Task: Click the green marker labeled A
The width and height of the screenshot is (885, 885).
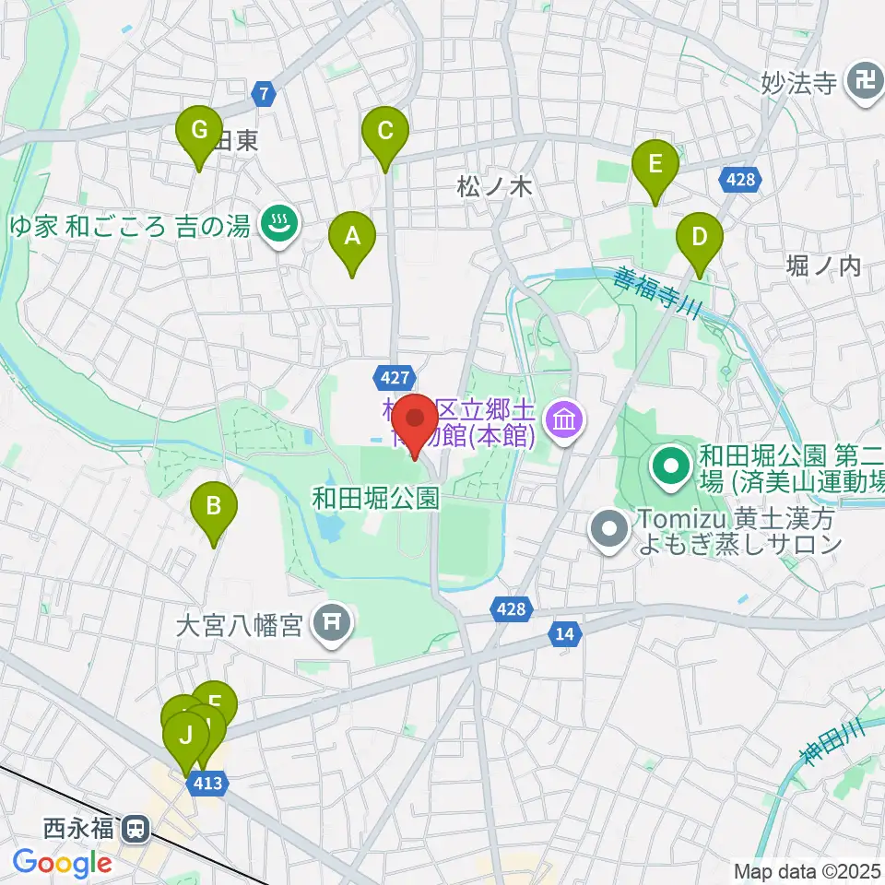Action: (352, 238)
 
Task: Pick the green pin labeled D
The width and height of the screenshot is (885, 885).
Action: (700, 238)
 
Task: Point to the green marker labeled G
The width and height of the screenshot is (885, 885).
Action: (199, 131)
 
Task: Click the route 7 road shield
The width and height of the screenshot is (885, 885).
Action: (265, 93)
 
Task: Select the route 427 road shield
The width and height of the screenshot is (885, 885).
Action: (388, 375)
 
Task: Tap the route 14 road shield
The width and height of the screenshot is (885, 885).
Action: (565, 633)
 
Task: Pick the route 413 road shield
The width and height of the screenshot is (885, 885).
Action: (206, 782)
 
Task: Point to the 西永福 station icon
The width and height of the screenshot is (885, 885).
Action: (136, 829)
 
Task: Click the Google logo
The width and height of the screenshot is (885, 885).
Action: (62, 864)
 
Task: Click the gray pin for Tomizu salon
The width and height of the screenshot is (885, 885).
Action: (609, 529)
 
